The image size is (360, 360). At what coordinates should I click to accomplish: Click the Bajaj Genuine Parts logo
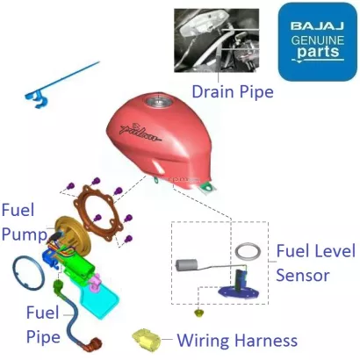317,41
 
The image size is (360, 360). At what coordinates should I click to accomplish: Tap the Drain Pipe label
233,91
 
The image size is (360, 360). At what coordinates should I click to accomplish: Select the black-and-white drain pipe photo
217,40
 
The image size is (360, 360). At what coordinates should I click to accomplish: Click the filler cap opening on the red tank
158,102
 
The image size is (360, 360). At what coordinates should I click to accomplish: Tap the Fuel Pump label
24,222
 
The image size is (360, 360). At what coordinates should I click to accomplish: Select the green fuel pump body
79,267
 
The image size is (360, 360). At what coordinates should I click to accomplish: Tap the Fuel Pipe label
43,325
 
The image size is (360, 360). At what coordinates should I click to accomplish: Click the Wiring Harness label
237,341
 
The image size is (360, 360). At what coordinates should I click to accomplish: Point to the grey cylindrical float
186,265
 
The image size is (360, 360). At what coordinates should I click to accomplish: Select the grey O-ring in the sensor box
248,251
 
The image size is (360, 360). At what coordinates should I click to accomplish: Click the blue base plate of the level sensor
240,291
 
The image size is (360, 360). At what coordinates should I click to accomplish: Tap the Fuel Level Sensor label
316,263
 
